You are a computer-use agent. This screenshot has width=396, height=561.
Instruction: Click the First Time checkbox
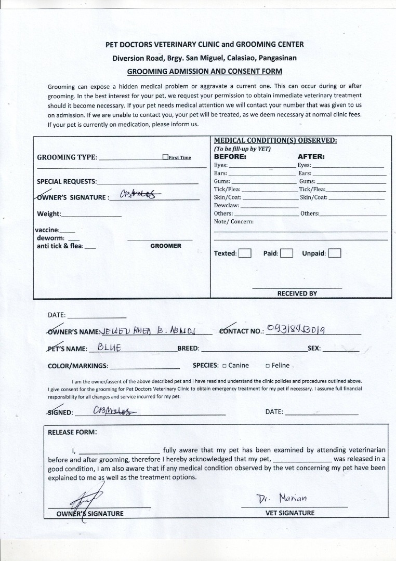tap(165, 157)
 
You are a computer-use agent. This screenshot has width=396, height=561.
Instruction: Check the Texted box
tap(245, 253)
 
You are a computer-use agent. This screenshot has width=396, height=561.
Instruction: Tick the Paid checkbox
tap(287, 253)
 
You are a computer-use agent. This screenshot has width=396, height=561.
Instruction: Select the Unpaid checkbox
tap(335, 253)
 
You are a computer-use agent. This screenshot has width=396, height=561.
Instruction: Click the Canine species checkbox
tap(223, 366)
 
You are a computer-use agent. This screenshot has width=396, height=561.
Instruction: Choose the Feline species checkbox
tap(267, 366)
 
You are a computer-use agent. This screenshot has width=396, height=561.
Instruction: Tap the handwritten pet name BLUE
tap(109, 347)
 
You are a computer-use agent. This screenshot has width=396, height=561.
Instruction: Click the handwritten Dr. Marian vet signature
tap(283, 499)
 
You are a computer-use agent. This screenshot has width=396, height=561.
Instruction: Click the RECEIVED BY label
tap(297, 293)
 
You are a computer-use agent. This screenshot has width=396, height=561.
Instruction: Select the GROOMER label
tap(166, 246)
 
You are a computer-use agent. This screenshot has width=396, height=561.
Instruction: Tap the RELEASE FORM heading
tap(72, 432)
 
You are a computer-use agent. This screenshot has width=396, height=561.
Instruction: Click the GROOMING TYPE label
tap(67, 158)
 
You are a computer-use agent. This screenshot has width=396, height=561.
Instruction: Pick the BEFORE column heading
tap(230, 156)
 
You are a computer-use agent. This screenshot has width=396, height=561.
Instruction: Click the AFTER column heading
tap(311, 156)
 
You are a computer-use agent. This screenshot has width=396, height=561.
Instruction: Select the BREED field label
tap(189, 348)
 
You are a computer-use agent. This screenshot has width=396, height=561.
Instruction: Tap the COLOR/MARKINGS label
tap(78, 366)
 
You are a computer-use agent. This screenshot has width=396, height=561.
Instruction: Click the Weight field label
tap(49, 214)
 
